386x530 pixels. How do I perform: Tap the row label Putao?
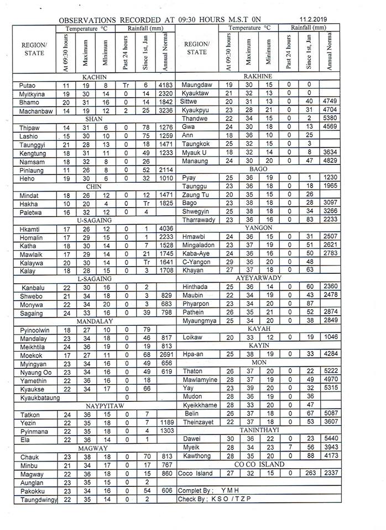pyautogui.click(x=27, y=86)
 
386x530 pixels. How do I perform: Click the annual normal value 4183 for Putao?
pyautogui.click(x=165, y=86)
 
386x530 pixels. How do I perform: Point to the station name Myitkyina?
pyautogui.click(x=32, y=94)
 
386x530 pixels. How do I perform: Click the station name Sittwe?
pyautogui.click(x=189, y=102)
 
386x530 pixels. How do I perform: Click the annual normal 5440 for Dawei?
pyautogui.click(x=332, y=438)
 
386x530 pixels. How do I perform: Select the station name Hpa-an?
pyautogui.click(x=192, y=353)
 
